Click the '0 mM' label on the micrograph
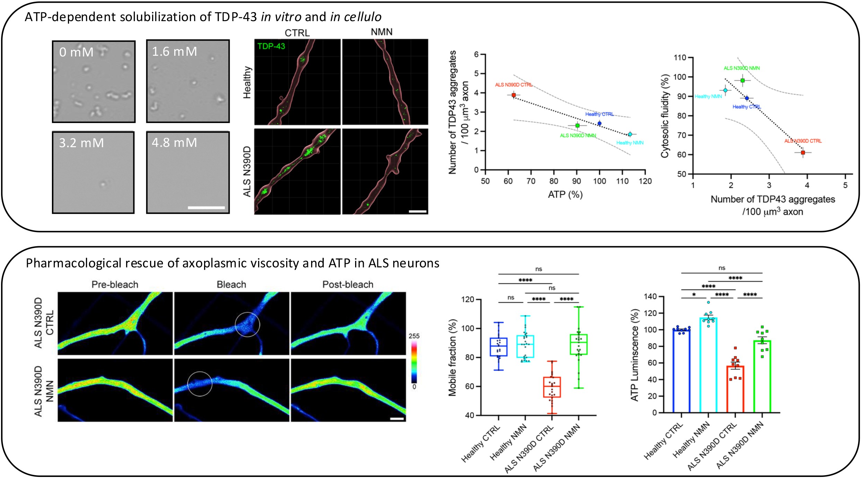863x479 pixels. pyautogui.click(x=76, y=52)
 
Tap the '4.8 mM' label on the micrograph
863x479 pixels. pyautogui.click(x=174, y=143)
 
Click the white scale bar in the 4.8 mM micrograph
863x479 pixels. pyautogui.click(x=206, y=208)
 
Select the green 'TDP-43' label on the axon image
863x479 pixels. pyautogui.click(x=271, y=46)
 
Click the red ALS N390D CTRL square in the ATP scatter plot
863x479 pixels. pyautogui.click(x=513, y=95)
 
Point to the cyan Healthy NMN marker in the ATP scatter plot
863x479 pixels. pyautogui.click(x=630, y=134)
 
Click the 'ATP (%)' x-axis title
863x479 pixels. pyautogui.click(x=565, y=195)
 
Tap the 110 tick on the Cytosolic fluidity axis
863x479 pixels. pyautogui.click(x=679, y=57)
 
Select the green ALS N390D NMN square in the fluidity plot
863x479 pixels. pyautogui.click(x=742, y=80)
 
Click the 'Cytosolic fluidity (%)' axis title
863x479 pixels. pyautogui.click(x=664, y=116)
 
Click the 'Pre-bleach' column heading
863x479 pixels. pyautogui.click(x=115, y=285)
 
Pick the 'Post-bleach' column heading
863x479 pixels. pyautogui.click(x=348, y=285)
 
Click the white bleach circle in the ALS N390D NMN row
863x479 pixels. pyautogui.click(x=200, y=384)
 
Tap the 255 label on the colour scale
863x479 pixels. pyautogui.click(x=414, y=336)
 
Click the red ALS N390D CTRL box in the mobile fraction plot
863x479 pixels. pyautogui.click(x=552, y=387)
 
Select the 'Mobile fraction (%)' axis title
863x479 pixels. pyautogui.click(x=452, y=357)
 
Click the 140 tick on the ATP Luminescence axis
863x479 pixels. pyautogui.click(x=650, y=296)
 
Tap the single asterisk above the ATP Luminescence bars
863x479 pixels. pyautogui.click(x=694, y=295)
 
